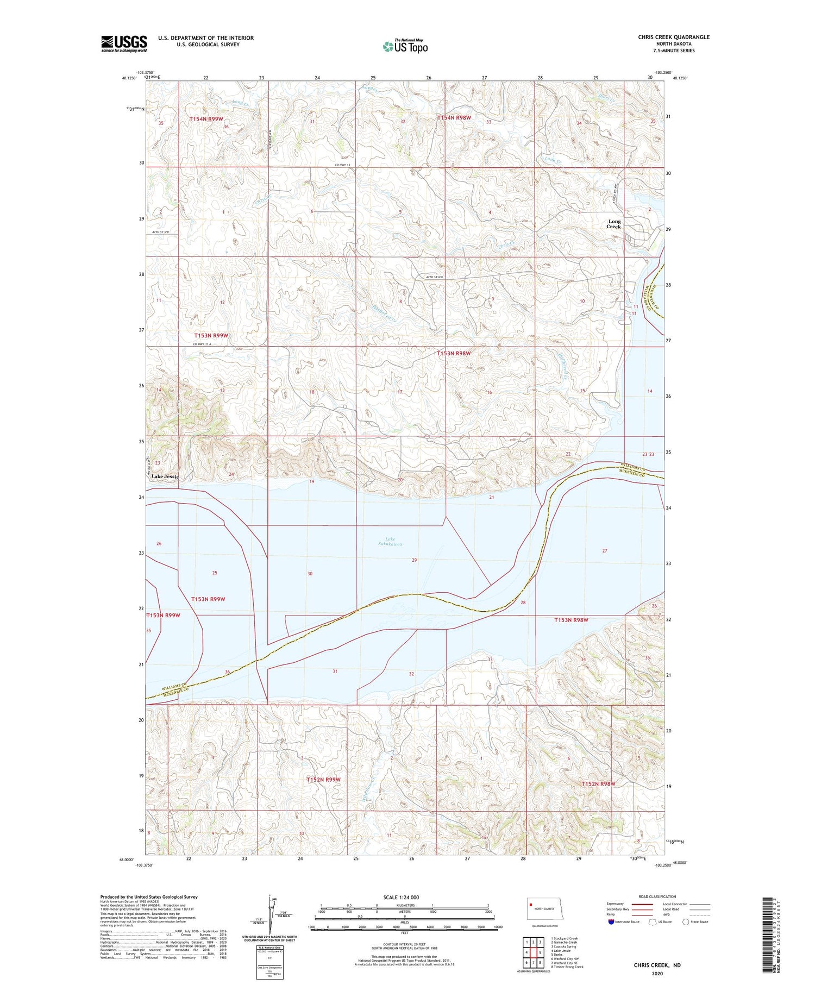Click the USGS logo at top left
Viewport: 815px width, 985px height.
pyautogui.click(x=124, y=43)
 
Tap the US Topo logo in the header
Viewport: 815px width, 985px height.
pyautogui.click(x=405, y=47)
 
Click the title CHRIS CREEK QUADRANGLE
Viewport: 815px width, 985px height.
pyautogui.click(x=674, y=37)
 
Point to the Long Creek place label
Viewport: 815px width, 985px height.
pyautogui.click(x=614, y=224)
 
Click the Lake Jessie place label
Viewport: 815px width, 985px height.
pyautogui.click(x=165, y=476)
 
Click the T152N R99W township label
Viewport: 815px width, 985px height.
pyautogui.click(x=323, y=780)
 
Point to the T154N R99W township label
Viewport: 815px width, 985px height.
pyautogui.click(x=206, y=119)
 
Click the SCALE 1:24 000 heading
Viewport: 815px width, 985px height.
pyautogui.click(x=401, y=897)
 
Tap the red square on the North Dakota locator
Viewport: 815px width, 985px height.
pyautogui.click(x=531, y=905)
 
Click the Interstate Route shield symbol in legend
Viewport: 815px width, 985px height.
pyautogui.click(x=611, y=922)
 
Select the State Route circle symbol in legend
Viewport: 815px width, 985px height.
pyautogui.click(x=686, y=922)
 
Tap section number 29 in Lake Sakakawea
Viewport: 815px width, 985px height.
pyautogui.click(x=414, y=560)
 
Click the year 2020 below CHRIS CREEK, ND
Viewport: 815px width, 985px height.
pyautogui.click(x=657, y=974)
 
